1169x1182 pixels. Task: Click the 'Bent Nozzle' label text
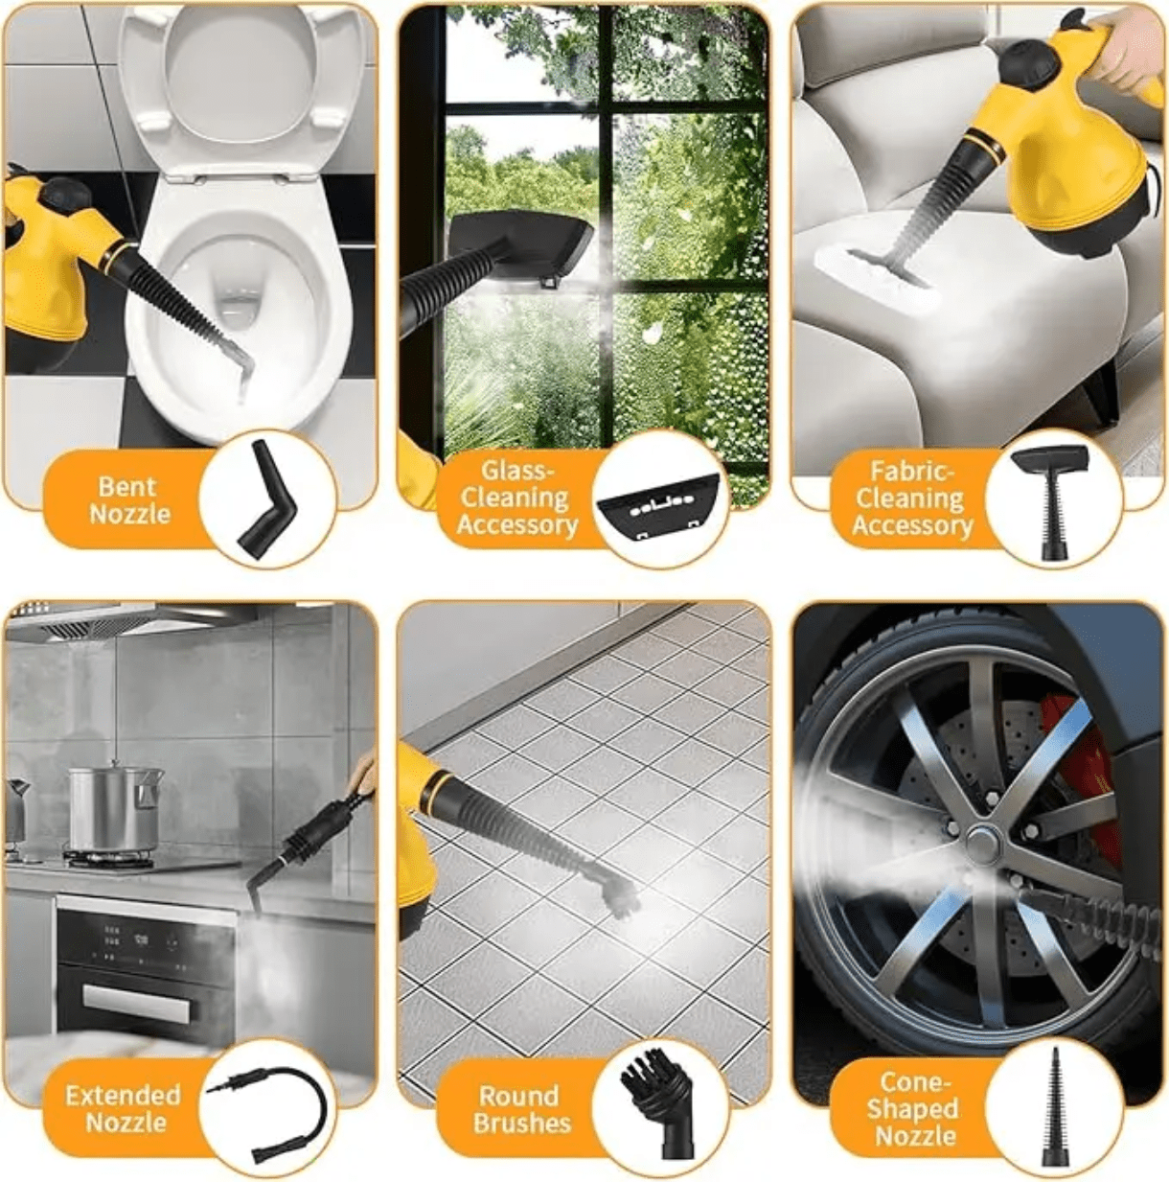pos(129,500)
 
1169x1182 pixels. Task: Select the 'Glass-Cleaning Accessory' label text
pos(517,498)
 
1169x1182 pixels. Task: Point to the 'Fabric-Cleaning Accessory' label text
pos(912,498)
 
